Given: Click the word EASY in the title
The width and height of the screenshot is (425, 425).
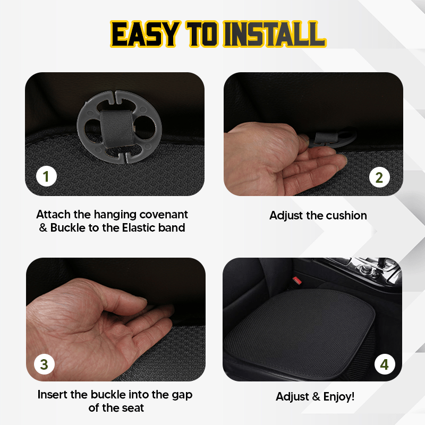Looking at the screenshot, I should pyautogui.click(x=143, y=35).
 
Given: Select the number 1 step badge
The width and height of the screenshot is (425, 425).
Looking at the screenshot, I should pyautogui.click(x=46, y=176).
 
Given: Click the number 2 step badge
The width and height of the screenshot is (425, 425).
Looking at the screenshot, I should pyautogui.click(x=379, y=177).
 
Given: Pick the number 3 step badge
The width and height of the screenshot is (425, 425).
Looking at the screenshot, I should pyautogui.click(x=44, y=364).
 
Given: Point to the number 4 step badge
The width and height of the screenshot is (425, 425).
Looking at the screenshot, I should pyautogui.click(x=385, y=364).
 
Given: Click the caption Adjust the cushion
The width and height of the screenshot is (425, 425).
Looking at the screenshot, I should pyautogui.click(x=318, y=215).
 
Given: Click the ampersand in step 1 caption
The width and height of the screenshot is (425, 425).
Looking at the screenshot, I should pyautogui.click(x=42, y=228).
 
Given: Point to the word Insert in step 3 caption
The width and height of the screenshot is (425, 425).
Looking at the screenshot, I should pyautogui.click(x=53, y=395).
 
